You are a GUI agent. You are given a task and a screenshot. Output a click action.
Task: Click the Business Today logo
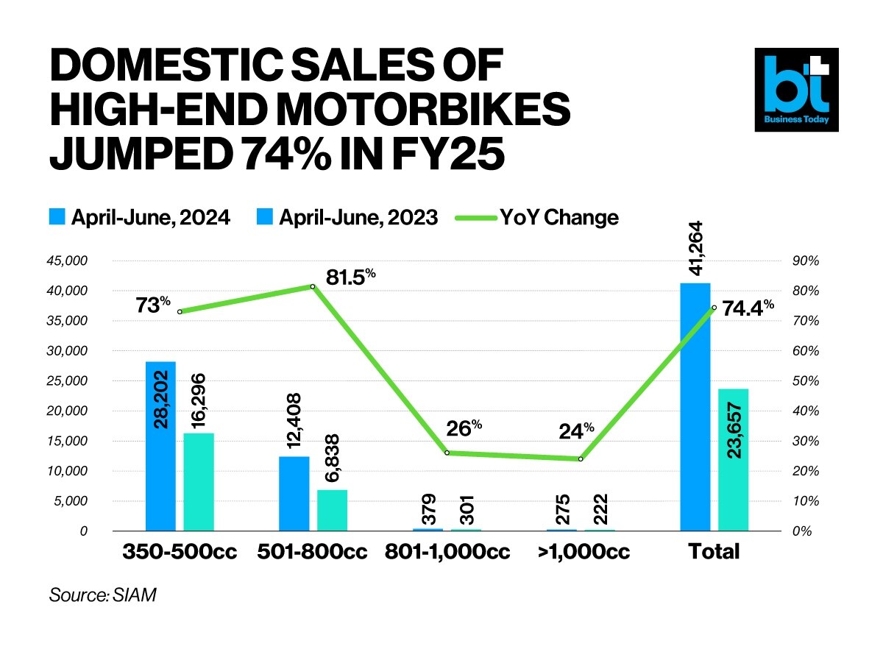(796, 90)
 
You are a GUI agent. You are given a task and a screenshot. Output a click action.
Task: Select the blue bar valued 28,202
(160, 446)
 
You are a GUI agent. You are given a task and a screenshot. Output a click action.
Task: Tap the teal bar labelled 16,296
(199, 482)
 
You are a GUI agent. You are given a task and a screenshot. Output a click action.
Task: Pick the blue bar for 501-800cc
(294, 494)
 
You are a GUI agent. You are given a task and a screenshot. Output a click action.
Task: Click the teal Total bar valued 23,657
(733, 460)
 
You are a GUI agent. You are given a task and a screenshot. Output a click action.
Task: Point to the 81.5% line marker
(313, 286)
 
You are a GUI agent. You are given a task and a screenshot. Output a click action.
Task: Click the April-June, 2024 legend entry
(140, 218)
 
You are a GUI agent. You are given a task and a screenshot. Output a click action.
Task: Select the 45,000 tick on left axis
(67, 261)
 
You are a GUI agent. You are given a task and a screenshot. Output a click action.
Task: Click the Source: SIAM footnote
(103, 595)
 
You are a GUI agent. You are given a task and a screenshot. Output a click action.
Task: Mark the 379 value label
(429, 509)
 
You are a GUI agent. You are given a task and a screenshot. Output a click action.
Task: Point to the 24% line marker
(581, 459)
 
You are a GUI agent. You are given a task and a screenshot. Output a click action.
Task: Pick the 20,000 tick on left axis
(67, 411)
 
